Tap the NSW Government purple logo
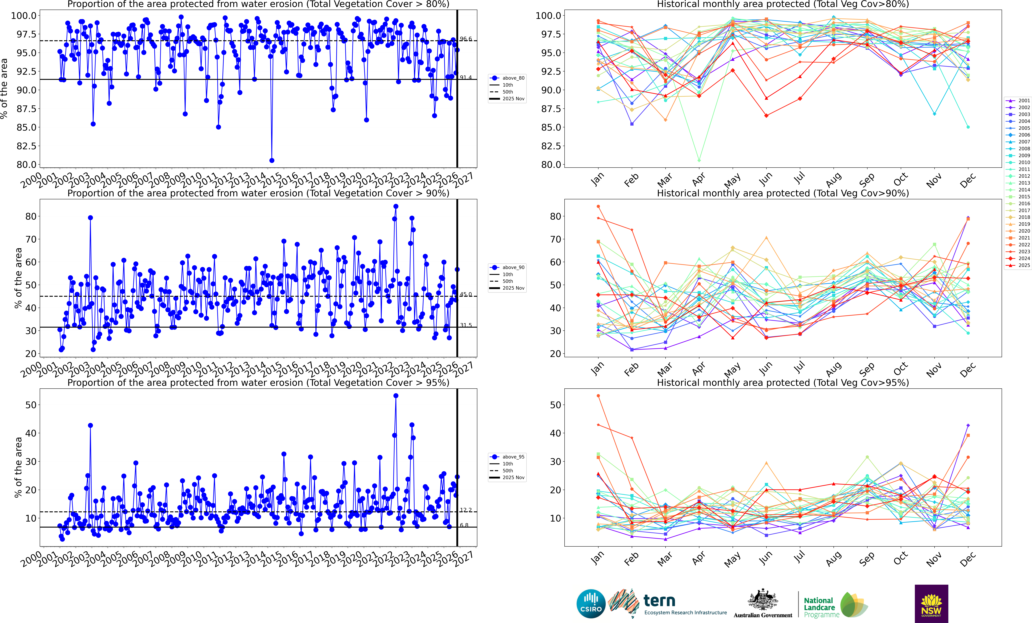click(931, 603)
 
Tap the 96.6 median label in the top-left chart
click(465, 39)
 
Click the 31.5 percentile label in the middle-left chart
click(465, 325)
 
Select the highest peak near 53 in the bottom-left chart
click(396, 396)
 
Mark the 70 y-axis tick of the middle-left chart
click(31, 239)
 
